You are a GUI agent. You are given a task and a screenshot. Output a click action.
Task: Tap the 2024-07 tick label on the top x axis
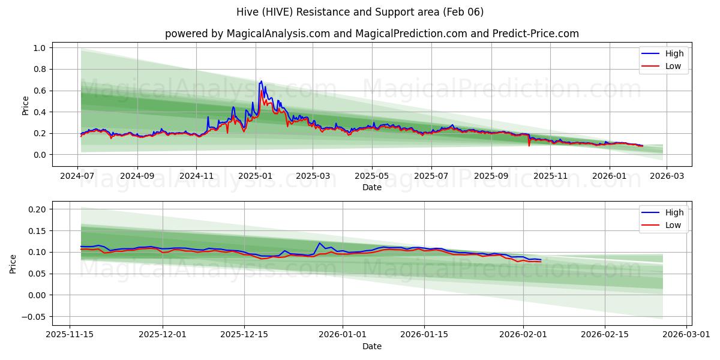[x=78, y=176]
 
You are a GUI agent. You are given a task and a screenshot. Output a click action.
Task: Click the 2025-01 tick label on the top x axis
[x=256, y=176]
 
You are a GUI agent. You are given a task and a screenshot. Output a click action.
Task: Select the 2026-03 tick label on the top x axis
[x=668, y=176]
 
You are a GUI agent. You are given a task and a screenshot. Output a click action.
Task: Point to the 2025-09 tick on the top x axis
[x=491, y=176]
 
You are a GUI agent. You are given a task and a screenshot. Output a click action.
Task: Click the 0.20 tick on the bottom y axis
[x=37, y=209]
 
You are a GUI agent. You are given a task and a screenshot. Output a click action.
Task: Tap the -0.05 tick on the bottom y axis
[x=35, y=317]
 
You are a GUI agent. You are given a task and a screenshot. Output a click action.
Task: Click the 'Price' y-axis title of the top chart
[x=25, y=106]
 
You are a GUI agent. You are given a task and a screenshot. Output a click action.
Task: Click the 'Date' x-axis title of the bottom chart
[x=372, y=346]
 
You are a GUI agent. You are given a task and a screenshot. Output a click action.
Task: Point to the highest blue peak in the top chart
[x=261, y=81]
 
